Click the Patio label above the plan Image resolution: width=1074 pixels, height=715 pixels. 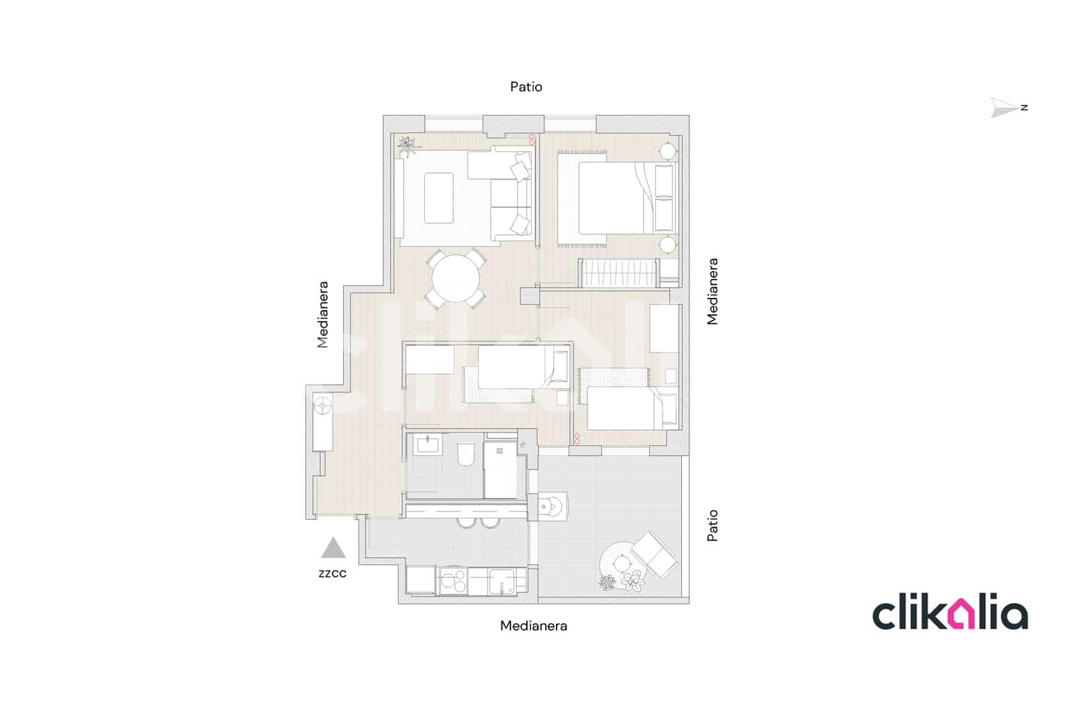pos(526,87)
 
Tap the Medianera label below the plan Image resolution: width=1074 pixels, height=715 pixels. pos(534,626)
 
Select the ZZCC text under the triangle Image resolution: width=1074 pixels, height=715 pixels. pos(332,573)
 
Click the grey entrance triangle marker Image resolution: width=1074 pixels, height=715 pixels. pos(333,549)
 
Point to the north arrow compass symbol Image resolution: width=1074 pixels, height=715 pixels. pos(1008,107)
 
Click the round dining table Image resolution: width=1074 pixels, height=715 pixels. pos(456,280)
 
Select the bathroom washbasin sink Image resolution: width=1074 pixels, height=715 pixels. pos(427,445)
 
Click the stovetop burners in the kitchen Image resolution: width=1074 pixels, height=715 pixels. pos(454,581)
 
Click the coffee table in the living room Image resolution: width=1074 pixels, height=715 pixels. pos(438,198)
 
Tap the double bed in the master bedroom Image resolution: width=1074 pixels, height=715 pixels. pos(614,199)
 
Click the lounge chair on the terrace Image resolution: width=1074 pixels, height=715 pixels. pos(654,554)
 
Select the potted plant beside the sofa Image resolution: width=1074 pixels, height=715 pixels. pos(407,144)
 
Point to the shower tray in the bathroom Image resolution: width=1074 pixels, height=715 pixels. pos(500,470)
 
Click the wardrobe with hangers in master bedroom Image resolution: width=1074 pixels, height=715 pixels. pos(618,273)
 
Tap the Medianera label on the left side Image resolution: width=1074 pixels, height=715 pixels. pos(323,314)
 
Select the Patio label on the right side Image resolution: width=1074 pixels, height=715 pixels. pos(712,525)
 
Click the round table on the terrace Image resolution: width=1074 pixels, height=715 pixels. pos(621,561)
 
